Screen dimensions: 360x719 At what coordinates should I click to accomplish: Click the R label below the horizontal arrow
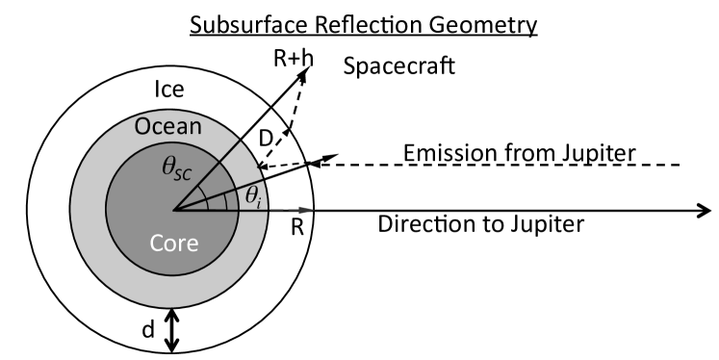(295, 229)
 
